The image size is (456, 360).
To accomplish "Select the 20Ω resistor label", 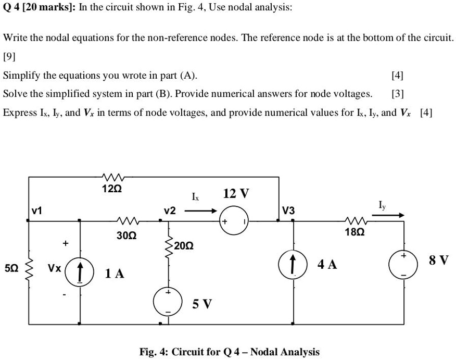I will [x=183, y=245].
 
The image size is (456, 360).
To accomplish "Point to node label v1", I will [x=37, y=212].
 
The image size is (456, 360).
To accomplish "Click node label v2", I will [x=170, y=211].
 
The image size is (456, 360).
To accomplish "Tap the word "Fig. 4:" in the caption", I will [x=154, y=352].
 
